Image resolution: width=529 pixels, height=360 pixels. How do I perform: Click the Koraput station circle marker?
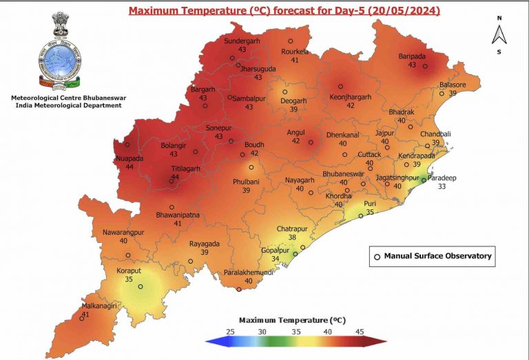pos(141,287)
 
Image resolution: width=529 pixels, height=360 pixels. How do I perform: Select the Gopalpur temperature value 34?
pos(276,259)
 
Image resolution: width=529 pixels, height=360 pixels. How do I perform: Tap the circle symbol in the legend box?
pos(377,256)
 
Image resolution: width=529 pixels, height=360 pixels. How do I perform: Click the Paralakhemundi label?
pos(249,273)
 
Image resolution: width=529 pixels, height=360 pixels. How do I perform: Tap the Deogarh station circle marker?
pos(284,92)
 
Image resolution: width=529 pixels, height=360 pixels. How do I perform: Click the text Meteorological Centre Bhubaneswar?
pos(67,98)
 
